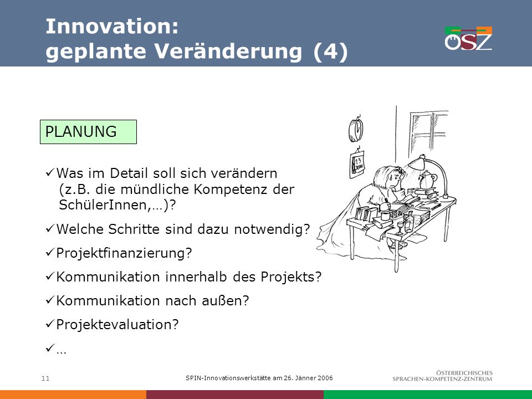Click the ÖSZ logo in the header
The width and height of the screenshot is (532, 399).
click(x=469, y=38)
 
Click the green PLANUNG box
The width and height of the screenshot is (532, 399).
click(x=88, y=132)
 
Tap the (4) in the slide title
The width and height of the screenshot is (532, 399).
click(x=330, y=52)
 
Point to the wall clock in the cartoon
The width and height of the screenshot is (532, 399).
click(x=356, y=129)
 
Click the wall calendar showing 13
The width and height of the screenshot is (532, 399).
click(x=357, y=164)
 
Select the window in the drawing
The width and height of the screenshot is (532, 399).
click(x=428, y=134)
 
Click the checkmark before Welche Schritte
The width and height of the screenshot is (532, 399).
click(x=49, y=229)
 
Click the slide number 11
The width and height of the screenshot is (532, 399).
click(x=45, y=378)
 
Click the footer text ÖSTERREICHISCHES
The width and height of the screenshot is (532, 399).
click(x=464, y=373)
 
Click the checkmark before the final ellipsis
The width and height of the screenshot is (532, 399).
click(x=49, y=348)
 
